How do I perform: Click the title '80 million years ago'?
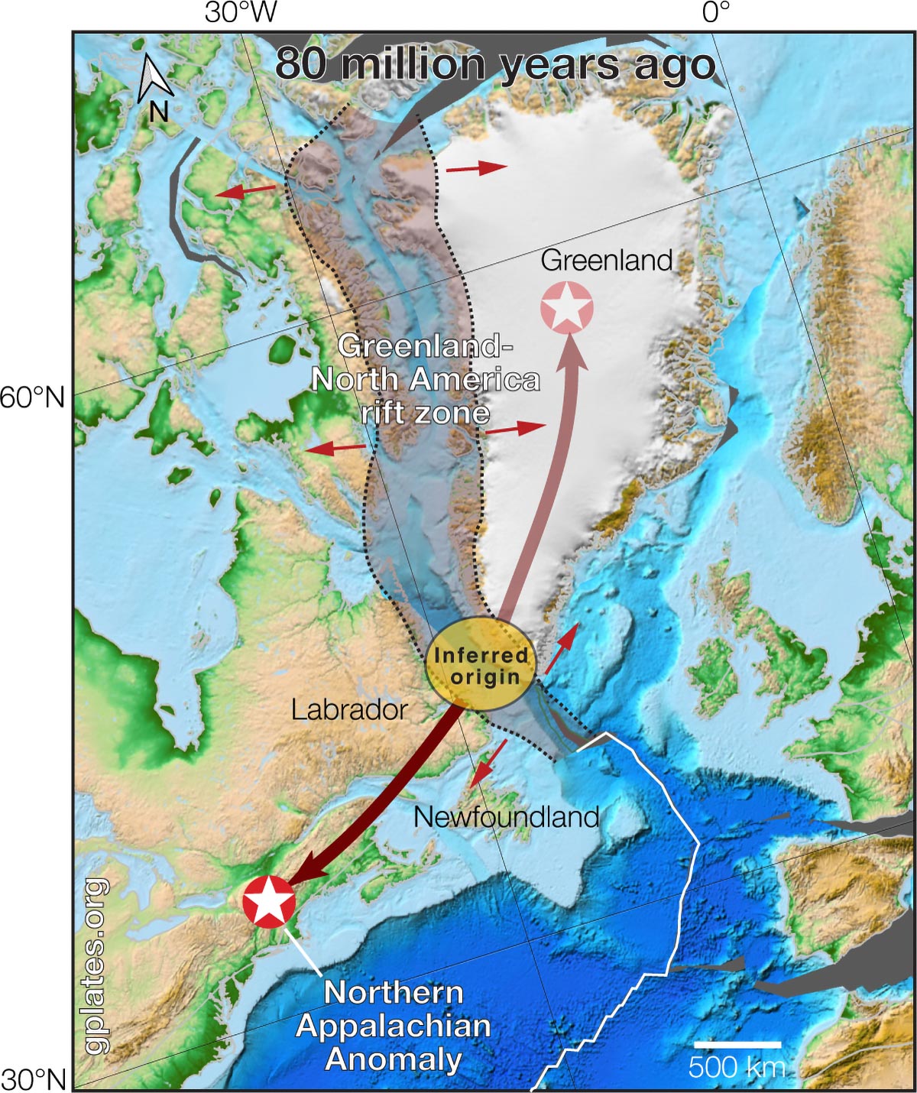click(495, 64)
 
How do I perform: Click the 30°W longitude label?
click(241, 13)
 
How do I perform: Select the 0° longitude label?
click(716, 13)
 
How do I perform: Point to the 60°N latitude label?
click(33, 397)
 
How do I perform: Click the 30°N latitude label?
click(33, 1079)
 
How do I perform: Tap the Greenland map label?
click(606, 261)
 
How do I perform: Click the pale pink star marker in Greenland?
click(566, 307)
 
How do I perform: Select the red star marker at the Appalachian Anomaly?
click(269, 901)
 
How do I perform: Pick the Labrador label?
click(349, 710)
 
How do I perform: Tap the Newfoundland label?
click(506, 817)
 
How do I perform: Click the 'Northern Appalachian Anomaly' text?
click(393, 1026)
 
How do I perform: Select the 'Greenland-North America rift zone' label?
click(425, 380)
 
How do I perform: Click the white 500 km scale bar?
click(737, 1044)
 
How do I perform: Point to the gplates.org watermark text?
click(96, 966)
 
